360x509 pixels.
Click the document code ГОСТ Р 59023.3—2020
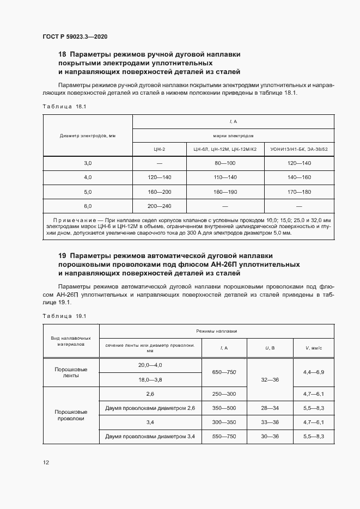point(75,36)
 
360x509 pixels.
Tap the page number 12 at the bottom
point(46,463)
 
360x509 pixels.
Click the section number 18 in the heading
point(62,54)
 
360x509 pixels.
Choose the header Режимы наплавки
point(216,331)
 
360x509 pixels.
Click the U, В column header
point(270,347)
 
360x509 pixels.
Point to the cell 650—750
point(224,372)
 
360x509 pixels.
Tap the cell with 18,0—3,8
point(150,379)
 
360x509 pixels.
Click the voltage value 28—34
point(270,407)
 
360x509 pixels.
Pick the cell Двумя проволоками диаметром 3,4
point(150,437)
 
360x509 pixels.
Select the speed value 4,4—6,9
point(313,372)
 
